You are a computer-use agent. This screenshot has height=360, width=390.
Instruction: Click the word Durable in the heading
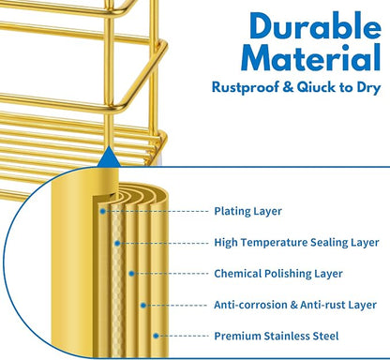pos(315,26)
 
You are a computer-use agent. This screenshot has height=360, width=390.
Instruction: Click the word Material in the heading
pos(311,57)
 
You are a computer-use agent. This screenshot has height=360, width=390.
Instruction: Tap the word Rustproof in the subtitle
pos(245,87)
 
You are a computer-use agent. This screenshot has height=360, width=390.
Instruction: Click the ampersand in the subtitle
pos(288,87)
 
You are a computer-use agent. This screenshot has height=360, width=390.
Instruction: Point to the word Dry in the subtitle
pos(369,88)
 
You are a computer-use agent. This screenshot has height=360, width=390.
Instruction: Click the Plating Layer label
pos(247,211)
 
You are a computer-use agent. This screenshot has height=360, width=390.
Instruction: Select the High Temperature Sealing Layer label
pos(296,243)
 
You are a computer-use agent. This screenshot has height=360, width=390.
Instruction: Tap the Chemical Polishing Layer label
pos(278,274)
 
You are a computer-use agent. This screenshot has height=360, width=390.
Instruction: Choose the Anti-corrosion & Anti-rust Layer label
pos(295,305)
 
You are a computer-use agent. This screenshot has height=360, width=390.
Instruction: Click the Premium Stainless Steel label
pos(277,336)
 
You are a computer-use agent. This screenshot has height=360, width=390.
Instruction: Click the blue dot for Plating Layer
pos(102,212)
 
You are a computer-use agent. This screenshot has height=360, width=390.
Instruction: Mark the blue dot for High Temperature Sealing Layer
pos(117,243)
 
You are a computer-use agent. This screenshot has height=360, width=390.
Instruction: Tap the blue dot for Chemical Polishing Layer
pos(131,274)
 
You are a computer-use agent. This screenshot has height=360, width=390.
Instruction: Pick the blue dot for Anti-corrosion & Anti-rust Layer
pos(143,305)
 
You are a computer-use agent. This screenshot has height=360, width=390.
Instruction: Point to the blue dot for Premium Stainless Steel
pos(156,336)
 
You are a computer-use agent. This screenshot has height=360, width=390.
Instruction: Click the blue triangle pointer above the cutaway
pos(109,157)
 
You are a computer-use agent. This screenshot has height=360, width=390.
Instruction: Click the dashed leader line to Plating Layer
pos(157,212)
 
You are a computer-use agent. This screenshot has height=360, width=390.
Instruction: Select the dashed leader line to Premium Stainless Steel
pos(184,336)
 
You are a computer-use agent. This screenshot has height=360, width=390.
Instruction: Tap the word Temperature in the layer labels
pos(273,243)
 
